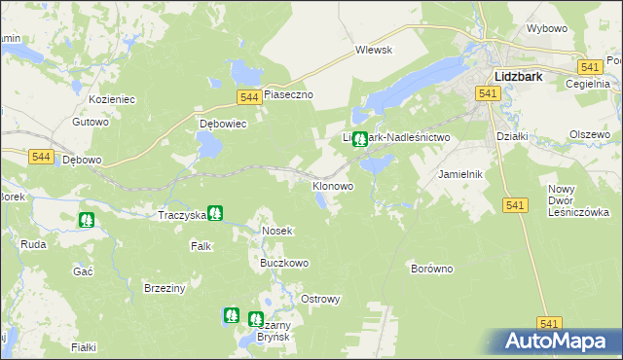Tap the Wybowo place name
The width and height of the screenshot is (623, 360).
click(546, 28)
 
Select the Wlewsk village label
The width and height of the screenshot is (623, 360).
click(373, 49)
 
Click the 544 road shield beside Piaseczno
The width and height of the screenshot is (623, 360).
click(248, 96)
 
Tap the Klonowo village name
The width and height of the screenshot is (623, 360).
click(332, 185)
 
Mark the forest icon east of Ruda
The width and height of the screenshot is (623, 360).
click(87, 220)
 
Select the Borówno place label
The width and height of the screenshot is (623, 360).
click(432, 268)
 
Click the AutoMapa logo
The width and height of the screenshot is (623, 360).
click(561, 341)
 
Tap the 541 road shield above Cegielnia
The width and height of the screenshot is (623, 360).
click(588, 66)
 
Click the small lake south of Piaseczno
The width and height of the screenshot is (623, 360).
click(208, 146)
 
